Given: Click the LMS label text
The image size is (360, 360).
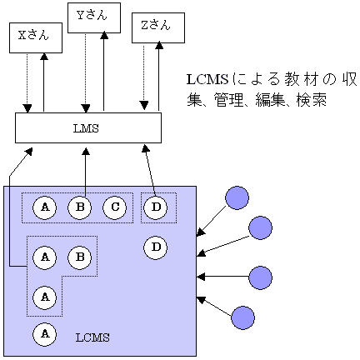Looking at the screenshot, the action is pyautogui.click(x=86, y=128).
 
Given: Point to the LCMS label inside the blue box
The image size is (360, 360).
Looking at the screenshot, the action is pyautogui.click(x=92, y=337).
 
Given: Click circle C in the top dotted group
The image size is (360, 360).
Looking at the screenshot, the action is pyautogui.click(x=115, y=207).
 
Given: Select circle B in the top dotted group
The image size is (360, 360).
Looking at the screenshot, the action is pyautogui.click(x=80, y=207).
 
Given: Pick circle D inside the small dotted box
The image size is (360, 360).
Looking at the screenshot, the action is pyautogui.click(x=156, y=207).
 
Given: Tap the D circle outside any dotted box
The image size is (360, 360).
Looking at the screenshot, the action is pyautogui.click(x=156, y=247).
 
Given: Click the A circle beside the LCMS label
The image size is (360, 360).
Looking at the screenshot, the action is pyautogui.click(x=45, y=334).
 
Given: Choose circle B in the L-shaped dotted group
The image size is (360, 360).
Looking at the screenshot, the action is pyautogui.click(x=80, y=257).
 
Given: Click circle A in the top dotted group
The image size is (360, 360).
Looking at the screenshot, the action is pyautogui.click(x=45, y=207).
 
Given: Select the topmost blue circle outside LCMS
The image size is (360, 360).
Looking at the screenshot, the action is pyautogui.click(x=237, y=197).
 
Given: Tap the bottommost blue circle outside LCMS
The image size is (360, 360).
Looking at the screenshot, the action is pyautogui.click(x=243, y=317).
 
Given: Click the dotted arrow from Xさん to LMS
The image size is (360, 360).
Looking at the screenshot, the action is pyautogui.click(x=27, y=82).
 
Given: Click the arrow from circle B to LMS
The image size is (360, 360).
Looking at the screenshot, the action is pyautogui.click(x=86, y=172).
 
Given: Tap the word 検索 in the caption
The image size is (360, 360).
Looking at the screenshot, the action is pyautogui.click(x=312, y=99).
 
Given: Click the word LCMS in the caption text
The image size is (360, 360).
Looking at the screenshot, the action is pyautogui.click(x=207, y=80).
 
